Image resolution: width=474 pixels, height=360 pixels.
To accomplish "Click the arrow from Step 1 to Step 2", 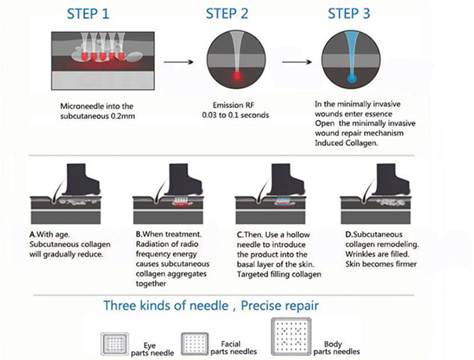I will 179,60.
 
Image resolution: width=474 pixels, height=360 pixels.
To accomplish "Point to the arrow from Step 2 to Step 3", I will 299,60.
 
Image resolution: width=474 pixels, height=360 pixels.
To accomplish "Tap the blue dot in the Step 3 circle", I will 352,78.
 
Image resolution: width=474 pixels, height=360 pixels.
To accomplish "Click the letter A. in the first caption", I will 33,234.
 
